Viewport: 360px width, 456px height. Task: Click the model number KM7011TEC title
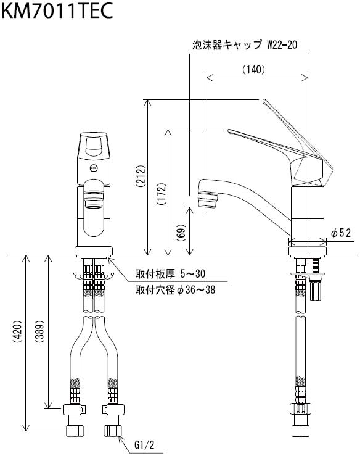pyautogui.click(x=57, y=11)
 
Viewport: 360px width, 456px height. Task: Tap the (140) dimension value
pyautogui.click(x=253, y=69)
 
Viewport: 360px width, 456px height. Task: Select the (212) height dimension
pyautogui.click(x=141, y=176)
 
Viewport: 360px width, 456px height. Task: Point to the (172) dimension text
pyautogui.click(x=162, y=194)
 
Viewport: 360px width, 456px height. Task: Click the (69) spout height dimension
pyautogui.click(x=181, y=233)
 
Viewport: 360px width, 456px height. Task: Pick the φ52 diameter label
pyautogui.click(x=341, y=233)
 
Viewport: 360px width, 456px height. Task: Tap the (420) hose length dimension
pyautogui.click(x=17, y=332)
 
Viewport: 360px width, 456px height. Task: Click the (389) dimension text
pyautogui.click(x=39, y=331)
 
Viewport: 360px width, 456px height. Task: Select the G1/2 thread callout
pyautogui.click(x=144, y=445)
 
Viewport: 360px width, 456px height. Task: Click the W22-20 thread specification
pyautogui.click(x=282, y=45)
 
